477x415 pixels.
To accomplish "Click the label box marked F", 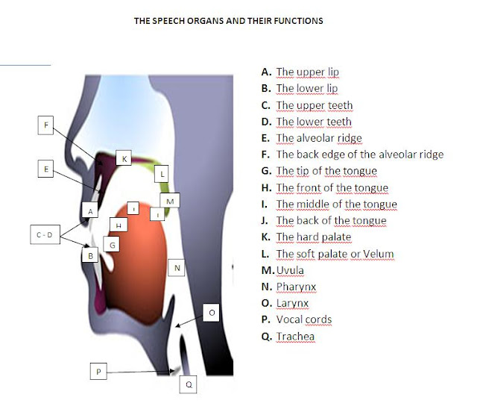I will tap(46, 125).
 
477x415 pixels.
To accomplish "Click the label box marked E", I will tap(46, 169).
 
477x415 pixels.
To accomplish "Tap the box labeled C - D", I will tap(45, 235).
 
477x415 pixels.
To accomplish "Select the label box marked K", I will tap(124, 158).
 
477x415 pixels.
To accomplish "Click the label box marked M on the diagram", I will tap(170, 202).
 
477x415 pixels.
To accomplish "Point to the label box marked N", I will tap(177, 267).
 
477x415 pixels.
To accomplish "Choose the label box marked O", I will tap(211, 313).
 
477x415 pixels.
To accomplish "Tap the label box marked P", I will tap(98, 370).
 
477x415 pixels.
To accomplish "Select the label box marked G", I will tap(112, 244).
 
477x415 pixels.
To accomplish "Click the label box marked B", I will tap(91, 255).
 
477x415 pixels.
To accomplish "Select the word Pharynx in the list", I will tap(297, 287).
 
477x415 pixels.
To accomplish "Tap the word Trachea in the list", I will tap(296, 337).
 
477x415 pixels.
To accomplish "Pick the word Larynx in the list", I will tap(292, 303).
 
